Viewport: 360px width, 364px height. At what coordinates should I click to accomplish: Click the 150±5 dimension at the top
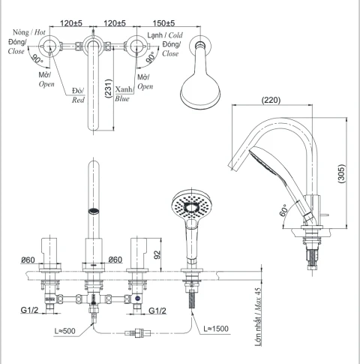[x=163, y=23]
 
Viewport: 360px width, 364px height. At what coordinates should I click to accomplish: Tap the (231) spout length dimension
[x=109, y=89]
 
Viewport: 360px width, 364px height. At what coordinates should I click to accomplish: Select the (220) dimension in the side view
[x=271, y=101]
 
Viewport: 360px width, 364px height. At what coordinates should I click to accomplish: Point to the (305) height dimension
[x=341, y=173]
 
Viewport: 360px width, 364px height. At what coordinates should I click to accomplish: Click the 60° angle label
[x=284, y=210]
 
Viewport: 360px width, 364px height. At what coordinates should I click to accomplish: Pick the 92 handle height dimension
[x=157, y=254]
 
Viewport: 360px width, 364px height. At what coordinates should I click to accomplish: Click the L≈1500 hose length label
[x=216, y=329]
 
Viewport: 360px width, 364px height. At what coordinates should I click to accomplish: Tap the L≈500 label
[x=65, y=331]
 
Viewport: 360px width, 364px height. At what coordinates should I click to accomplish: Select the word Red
[x=78, y=100]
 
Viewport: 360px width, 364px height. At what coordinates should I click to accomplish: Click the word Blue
[x=122, y=99]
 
